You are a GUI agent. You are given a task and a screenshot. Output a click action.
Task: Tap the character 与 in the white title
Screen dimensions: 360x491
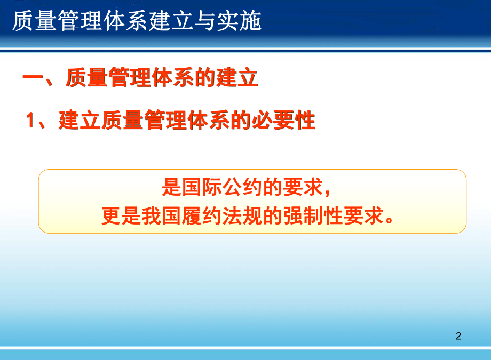tap(210, 22)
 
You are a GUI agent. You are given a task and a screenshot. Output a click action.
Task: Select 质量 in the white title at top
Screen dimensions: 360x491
tap(33, 22)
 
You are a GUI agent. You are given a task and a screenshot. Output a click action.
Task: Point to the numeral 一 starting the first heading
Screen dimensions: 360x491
tap(33, 79)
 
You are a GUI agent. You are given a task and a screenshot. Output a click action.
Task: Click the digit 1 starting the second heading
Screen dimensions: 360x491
tap(32, 122)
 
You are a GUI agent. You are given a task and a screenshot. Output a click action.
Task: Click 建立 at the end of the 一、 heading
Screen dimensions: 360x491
tap(237, 79)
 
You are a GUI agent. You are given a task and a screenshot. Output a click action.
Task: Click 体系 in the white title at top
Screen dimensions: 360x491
tap(122, 22)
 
